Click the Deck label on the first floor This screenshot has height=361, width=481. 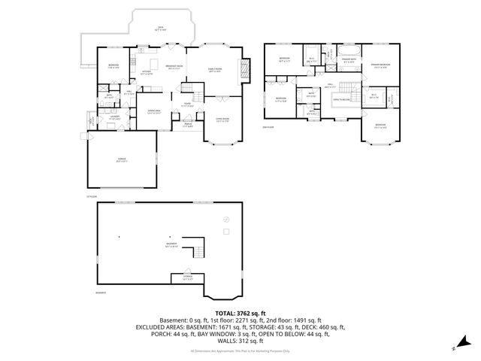coord(161,27)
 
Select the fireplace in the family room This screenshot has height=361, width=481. coord(241,71)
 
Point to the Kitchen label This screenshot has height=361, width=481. coord(147,73)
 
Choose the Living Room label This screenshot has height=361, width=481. coord(222,120)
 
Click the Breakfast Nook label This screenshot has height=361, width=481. coord(175,66)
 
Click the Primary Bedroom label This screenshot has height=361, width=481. coord(380,66)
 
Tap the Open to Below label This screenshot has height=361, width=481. coord(343,99)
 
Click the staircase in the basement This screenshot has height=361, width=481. coord(197,247)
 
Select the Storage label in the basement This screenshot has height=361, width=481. coord(186,278)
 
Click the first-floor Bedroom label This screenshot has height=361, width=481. coord(113,66)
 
